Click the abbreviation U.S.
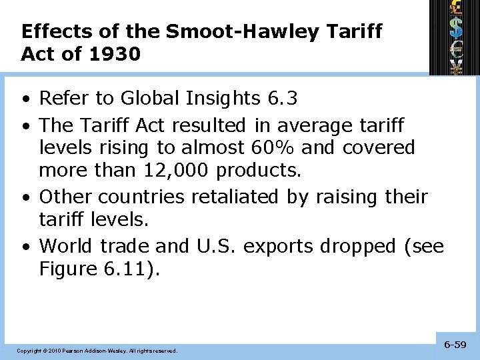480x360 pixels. click(x=216, y=246)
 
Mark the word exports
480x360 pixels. click(x=279, y=246)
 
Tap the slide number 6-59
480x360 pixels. click(x=455, y=345)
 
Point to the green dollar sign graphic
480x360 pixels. click(x=457, y=29)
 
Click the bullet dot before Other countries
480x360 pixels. click(x=25, y=198)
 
